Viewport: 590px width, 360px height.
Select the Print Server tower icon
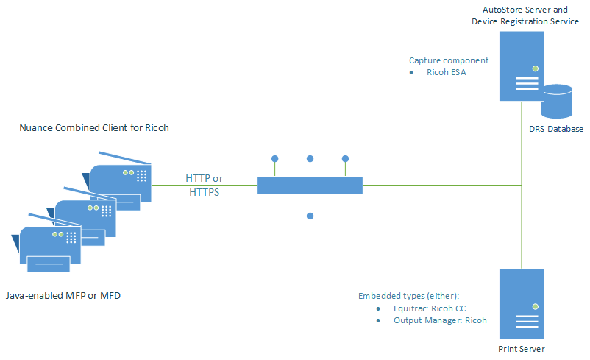(x=521, y=302)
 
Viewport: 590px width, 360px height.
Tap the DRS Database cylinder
(x=556, y=102)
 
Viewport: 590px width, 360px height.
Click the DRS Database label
(x=555, y=129)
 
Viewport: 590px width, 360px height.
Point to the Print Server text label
(x=521, y=348)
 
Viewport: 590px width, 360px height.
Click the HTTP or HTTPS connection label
(x=204, y=185)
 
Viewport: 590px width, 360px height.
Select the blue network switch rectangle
(x=310, y=185)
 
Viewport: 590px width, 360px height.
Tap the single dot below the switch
(x=310, y=216)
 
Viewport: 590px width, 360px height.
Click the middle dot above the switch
(x=310, y=158)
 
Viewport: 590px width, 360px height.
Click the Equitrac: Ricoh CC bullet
(x=425, y=308)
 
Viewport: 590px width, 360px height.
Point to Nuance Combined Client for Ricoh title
(x=94, y=127)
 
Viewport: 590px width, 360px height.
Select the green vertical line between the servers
(x=521, y=221)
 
